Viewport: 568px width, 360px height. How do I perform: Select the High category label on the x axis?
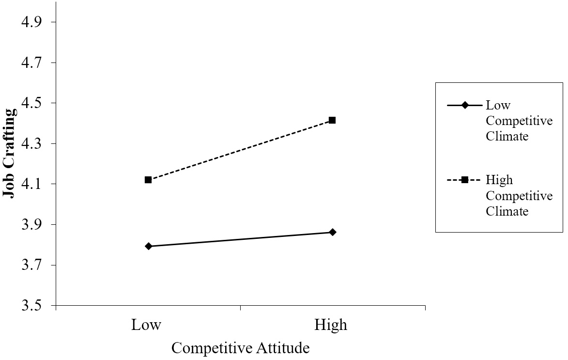coord(331,325)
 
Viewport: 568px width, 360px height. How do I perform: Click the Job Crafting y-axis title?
coord(10,153)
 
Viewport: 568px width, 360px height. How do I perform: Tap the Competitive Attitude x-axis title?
coord(240,348)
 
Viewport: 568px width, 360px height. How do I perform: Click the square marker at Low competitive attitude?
coord(148,180)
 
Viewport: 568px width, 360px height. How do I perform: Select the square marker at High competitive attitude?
coord(332,120)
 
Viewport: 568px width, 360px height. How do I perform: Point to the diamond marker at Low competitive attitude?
coord(148,246)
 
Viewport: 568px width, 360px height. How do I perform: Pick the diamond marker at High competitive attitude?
coord(332,232)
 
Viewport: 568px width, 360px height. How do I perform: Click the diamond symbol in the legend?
coord(464,106)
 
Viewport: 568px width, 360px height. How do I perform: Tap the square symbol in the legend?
coord(464,180)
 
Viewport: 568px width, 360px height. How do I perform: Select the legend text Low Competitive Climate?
coord(519,121)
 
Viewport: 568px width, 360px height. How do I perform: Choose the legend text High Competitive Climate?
coord(519,196)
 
